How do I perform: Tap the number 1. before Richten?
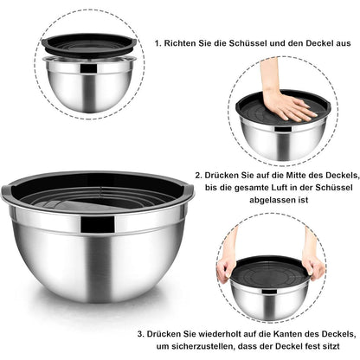coord(158,42)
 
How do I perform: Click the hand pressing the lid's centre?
coord(287,105)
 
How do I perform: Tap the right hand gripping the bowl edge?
coord(313,265)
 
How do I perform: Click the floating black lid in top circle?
coord(87,48)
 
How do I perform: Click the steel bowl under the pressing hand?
coord(285,132)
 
